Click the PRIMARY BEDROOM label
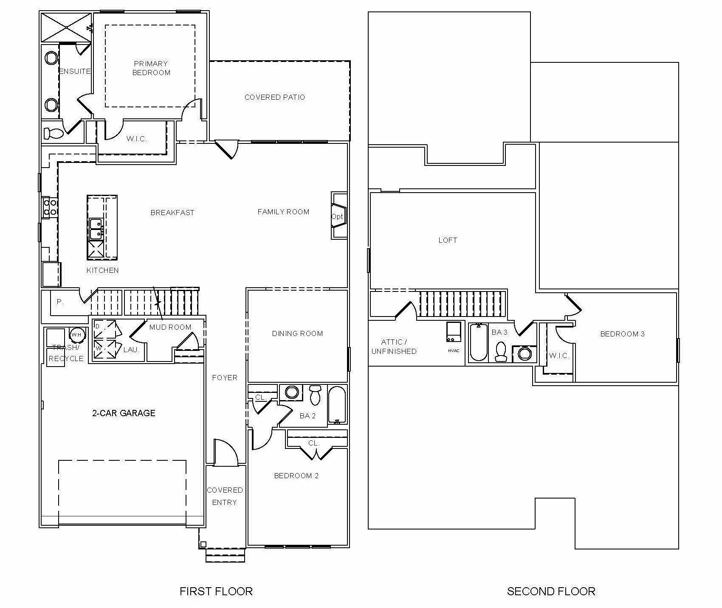pos(151,68)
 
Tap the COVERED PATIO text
pos(274,97)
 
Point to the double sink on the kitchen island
pos(96,229)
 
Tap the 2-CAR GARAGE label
pos(124,413)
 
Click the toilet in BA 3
pos(501,352)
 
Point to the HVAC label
pos(454,350)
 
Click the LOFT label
pos(448,240)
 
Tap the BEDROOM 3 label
pos(622,334)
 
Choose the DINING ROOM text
pos(297,333)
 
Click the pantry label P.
pos(60,302)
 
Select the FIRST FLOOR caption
pos(216,591)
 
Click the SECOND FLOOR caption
pos(551,591)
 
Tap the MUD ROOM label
pos(170,327)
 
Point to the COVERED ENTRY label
pos(225,496)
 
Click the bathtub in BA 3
pos(479,342)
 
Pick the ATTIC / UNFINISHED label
pos(394,347)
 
